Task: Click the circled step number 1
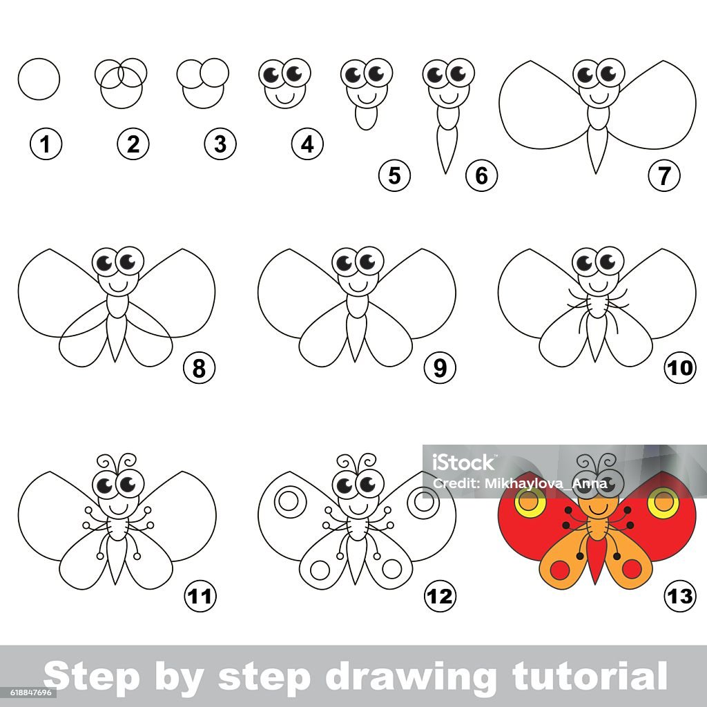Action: tap(46, 144)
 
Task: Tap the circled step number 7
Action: tap(664, 175)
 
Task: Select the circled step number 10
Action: tap(679, 368)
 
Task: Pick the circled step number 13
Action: tap(679, 596)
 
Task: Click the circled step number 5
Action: tap(394, 175)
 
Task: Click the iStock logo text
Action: tap(463, 463)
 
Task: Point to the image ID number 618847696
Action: tap(26, 692)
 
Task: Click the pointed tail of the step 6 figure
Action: tap(446, 172)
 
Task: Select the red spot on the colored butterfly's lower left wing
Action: tap(559, 570)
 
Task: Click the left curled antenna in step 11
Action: tap(108, 462)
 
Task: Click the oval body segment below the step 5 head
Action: tap(366, 118)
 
